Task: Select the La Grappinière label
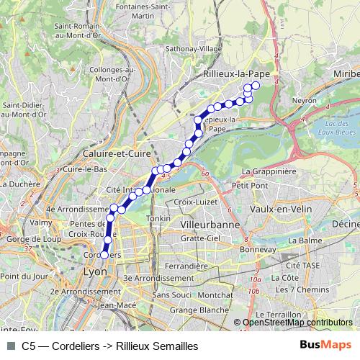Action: [x=269, y=171]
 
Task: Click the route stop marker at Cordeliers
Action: [x=104, y=254]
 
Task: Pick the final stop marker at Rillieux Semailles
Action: [x=256, y=86]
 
